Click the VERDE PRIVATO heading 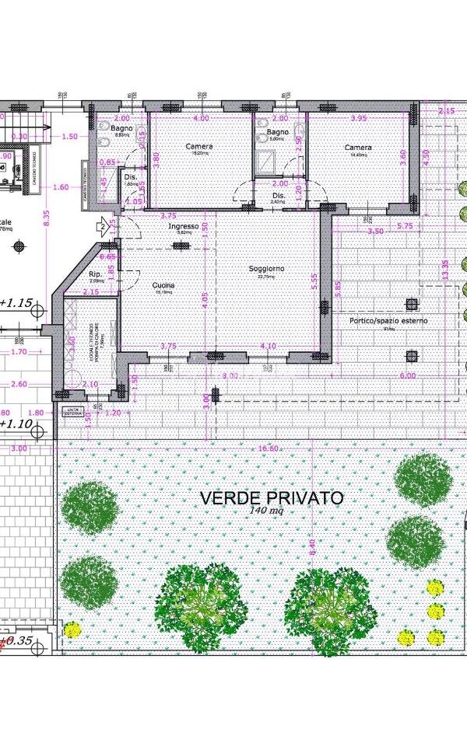pyautogui.click(x=271, y=497)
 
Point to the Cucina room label pyautogui.click(x=163, y=286)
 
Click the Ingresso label pyautogui.click(x=184, y=226)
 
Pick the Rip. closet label pyautogui.click(x=97, y=274)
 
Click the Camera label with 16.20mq pyautogui.click(x=199, y=146)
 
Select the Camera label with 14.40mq pyautogui.click(x=358, y=147)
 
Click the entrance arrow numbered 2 pyautogui.click(x=102, y=227)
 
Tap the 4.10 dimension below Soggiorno pyautogui.click(x=269, y=346)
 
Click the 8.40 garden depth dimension pyautogui.click(x=313, y=548)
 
